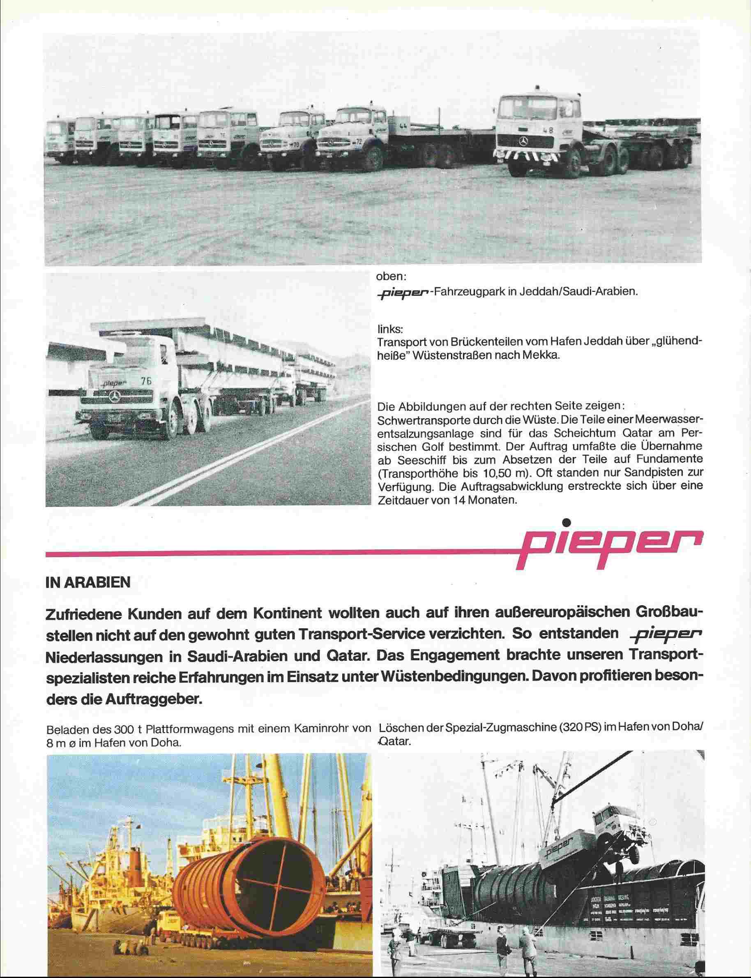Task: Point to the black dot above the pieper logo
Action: [x=567, y=521]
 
